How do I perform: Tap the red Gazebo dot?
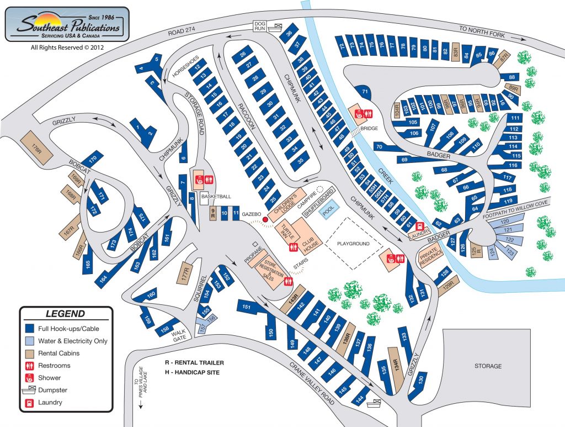point(265,219)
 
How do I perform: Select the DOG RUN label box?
point(260,25)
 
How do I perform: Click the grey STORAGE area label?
point(488,366)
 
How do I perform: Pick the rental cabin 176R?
point(36,147)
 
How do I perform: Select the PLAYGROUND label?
point(353,243)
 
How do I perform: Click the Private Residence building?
point(428,256)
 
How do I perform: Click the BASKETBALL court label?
point(216,197)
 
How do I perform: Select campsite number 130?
point(420,381)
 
